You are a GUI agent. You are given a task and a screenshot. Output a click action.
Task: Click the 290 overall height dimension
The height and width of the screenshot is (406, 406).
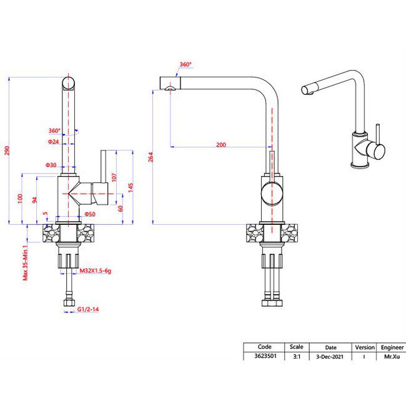click(7, 151)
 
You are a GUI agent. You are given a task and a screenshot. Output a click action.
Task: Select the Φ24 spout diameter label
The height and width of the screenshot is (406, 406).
click(53, 142)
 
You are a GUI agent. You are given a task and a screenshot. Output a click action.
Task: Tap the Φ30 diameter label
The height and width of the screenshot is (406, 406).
click(51, 165)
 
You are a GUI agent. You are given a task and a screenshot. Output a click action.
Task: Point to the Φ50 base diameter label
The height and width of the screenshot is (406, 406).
click(90, 214)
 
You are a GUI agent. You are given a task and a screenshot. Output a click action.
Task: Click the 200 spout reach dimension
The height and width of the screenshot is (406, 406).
click(221, 145)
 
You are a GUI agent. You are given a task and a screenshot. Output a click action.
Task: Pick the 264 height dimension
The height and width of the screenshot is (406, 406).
click(151, 157)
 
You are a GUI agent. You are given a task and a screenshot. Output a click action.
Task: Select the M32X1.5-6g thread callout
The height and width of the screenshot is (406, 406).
click(96, 271)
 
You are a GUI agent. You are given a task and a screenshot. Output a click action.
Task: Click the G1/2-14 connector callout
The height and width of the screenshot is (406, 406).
click(88, 309)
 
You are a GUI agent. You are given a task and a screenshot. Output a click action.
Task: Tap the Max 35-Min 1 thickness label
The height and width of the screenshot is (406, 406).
click(25, 262)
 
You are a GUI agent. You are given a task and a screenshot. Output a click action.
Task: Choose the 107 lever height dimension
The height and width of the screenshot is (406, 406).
click(114, 177)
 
